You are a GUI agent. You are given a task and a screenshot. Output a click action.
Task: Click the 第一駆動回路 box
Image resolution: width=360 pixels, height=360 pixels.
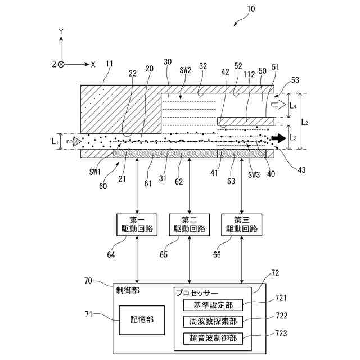pyautogui.click(x=137, y=225)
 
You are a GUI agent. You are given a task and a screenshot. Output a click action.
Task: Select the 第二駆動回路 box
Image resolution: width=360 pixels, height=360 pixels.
pyautogui.click(x=190, y=225)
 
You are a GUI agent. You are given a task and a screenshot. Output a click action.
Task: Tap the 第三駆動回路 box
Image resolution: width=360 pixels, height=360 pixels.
pyautogui.click(x=241, y=225)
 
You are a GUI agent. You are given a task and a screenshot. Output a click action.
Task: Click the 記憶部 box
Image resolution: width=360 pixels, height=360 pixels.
pyautogui.click(x=142, y=320)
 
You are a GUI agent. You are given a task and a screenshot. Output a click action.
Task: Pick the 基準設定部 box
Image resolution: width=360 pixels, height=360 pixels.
pyautogui.click(x=213, y=305)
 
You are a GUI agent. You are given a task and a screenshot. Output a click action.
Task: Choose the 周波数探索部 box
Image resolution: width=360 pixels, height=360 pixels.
pyautogui.click(x=213, y=321)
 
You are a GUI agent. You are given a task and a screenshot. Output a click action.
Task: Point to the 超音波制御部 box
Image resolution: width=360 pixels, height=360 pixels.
pyautogui.click(x=213, y=339)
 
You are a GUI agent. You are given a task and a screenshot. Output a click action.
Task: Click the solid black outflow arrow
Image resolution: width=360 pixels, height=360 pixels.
pyautogui.click(x=279, y=138)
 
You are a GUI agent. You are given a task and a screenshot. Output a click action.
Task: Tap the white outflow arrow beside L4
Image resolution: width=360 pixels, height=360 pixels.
pyautogui.click(x=279, y=105)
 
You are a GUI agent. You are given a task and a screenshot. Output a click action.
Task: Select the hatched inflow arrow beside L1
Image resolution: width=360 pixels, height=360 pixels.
pyautogui.click(x=74, y=141)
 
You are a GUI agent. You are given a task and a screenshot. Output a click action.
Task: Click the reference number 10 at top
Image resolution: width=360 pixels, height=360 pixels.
pyautogui.click(x=251, y=9)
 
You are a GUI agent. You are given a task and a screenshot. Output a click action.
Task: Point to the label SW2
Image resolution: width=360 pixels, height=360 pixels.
pyautogui.click(x=185, y=70)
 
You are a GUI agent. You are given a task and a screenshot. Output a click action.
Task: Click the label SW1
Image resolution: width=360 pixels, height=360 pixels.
pyautogui.click(x=95, y=172)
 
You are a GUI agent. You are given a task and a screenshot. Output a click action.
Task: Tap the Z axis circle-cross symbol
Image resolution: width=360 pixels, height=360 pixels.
pyautogui.click(x=61, y=65)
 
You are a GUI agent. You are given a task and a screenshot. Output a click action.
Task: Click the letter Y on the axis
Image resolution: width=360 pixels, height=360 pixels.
pyautogui.click(x=61, y=31)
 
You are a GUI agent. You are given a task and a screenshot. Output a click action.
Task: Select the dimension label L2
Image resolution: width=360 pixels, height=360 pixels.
pyautogui.click(x=304, y=122)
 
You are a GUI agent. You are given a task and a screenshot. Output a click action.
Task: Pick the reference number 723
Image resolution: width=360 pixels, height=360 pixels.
pyautogui.click(x=281, y=333)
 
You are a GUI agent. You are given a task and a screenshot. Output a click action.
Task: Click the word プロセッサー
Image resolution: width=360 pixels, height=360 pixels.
pyautogui.click(x=197, y=293)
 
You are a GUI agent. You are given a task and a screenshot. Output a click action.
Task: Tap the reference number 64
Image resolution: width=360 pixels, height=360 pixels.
pyautogui.click(x=111, y=255)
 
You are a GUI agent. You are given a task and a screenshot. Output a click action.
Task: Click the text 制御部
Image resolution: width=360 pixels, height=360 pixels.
pyautogui.click(x=128, y=290)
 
